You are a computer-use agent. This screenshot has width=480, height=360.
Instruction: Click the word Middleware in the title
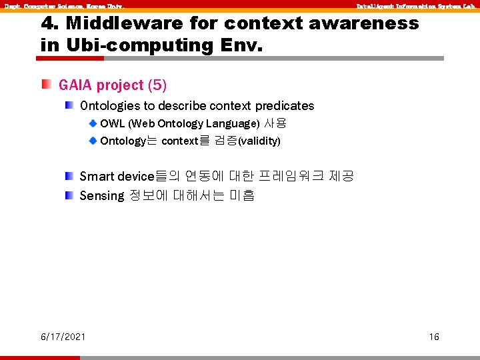pyautogui.click(x=124, y=24)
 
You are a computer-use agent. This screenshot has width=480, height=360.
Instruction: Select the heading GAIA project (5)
pyautogui.click(x=113, y=85)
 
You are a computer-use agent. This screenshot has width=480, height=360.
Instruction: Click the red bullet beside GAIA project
pyautogui.click(x=45, y=85)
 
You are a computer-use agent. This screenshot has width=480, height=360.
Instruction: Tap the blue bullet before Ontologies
pyautogui.click(x=69, y=105)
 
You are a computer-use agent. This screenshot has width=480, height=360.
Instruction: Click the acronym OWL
pyautogui.click(x=112, y=124)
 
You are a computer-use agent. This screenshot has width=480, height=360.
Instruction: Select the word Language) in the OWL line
pyautogui.click(x=233, y=124)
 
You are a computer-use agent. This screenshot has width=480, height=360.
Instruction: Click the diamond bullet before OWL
pyautogui.click(x=93, y=123)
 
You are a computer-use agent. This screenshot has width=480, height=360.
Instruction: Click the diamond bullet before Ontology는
pyautogui.click(x=93, y=141)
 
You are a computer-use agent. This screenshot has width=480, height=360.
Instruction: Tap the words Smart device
pyautogui.click(x=117, y=177)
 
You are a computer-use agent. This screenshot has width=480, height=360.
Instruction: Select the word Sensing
pyautogui.click(x=101, y=196)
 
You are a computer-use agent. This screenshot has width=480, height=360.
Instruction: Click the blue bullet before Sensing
pyautogui.click(x=69, y=195)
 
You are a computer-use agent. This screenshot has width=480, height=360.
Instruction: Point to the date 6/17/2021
pyautogui.click(x=63, y=337)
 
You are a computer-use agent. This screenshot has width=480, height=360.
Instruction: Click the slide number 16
pyautogui.click(x=434, y=337)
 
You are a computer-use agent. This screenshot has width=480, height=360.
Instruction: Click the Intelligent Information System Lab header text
pyautogui.click(x=415, y=6)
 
